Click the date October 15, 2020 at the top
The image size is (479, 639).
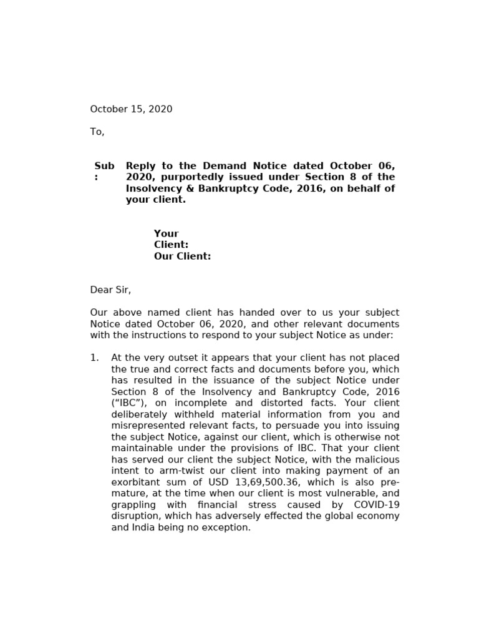[131, 109]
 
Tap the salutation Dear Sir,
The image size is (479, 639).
[110, 290]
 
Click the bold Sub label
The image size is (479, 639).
[104, 166]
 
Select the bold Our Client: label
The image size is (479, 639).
[182, 256]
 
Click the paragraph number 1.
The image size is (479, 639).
[95, 358]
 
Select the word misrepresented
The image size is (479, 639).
[148, 426]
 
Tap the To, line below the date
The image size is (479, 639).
[97, 132]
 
